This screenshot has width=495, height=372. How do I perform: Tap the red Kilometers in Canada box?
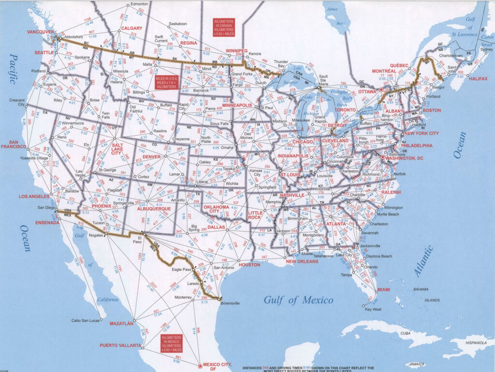pyautogui.click(x=224, y=27)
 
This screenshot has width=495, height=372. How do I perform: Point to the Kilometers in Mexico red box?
pyautogui.click(x=172, y=343)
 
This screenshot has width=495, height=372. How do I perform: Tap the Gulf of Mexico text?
pyautogui.click(x=298, y=300)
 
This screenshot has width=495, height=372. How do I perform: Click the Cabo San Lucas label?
pyautogui.click(x=86, y=320)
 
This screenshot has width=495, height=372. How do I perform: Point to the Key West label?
pyautogui.click(x=373, y=309)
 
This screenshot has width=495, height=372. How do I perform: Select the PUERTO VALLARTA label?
pyautogui.click(x=121, y=345)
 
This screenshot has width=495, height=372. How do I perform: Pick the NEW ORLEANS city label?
pyautogui.click(x=302, y=261)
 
